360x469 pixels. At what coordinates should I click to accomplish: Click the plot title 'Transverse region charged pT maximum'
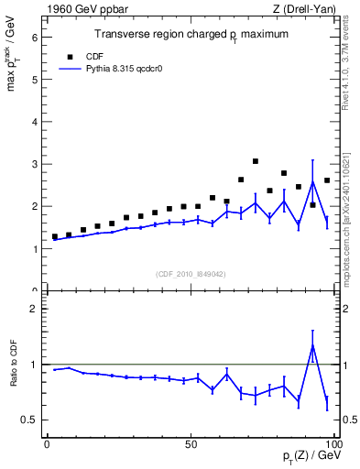click(191, 35)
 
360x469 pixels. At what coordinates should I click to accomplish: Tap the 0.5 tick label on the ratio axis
click(29, 420)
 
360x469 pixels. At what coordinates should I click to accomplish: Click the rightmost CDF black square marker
click(327, 180)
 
